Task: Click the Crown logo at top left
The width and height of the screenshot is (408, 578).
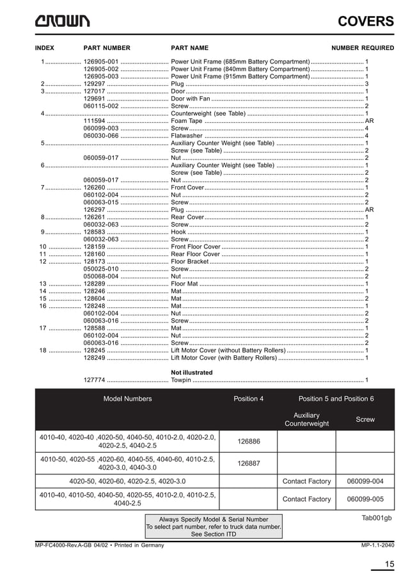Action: click(x=62, y=21)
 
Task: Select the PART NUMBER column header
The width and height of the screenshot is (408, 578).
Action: click(x=107, y=48)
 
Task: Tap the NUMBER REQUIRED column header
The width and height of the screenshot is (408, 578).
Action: click(x=362, y=48)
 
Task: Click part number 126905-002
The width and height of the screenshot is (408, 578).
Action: click(x=101, y=68)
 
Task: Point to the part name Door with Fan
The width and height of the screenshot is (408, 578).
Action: click(x=191, y=99)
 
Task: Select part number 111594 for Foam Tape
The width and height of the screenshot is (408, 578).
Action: click(x=95, y=120)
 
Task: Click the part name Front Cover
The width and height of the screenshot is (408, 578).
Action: click(x=187, y=187)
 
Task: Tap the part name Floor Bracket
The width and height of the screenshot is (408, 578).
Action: click(x=190, y=261)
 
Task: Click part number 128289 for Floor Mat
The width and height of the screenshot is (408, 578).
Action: click(x=95, y=283)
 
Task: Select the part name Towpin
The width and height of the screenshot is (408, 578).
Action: click(x=182, y=380)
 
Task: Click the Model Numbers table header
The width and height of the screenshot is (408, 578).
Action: click(x=127, y=399)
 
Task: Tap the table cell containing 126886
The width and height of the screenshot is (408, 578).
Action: click(x=248, y=441)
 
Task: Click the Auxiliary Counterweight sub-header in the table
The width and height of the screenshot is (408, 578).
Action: click(x=306, y=419)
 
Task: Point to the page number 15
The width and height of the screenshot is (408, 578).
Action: click(x=389, y=564)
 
